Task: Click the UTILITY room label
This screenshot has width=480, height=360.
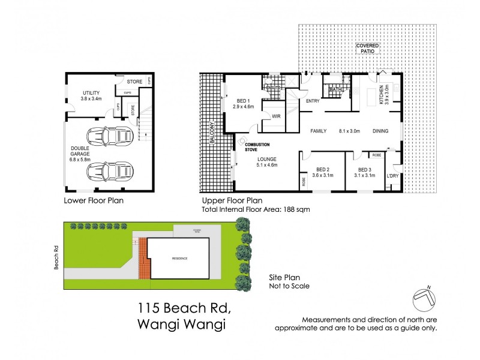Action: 92,92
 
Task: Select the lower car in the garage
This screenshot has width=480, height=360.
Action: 109,173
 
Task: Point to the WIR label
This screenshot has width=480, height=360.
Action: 277,116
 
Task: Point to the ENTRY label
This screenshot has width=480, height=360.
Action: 313,101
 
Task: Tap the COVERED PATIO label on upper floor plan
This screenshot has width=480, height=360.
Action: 368,49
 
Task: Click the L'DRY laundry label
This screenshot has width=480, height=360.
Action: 393,175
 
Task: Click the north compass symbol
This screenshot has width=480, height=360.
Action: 425,296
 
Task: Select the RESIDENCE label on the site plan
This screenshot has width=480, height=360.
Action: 179,258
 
